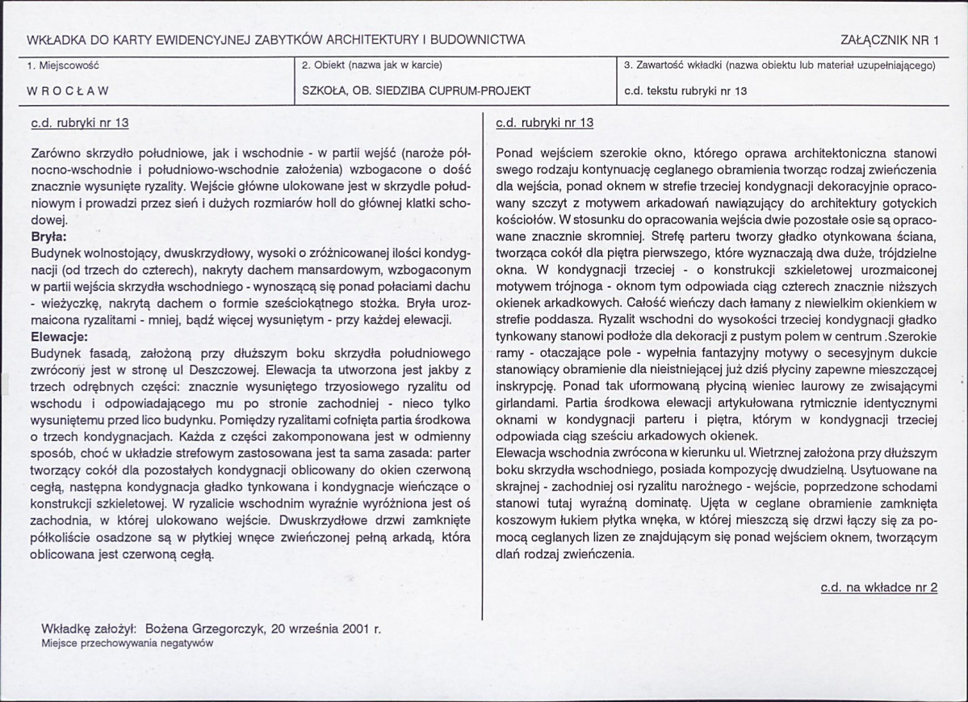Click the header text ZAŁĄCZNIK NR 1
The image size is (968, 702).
pyautogui.click(x=890, y=40)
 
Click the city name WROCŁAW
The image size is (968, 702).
pyautogui.click(x=69, y=91)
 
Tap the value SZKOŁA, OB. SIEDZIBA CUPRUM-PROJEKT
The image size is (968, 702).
pyautogui.click(x=416, y=91)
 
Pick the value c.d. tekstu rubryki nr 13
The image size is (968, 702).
pyautogui.click(x=685, y=91)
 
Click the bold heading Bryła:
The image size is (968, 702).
pyautogui.click(x=48, y=237)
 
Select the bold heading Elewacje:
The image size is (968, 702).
pyautogui.click(x=57, y=336)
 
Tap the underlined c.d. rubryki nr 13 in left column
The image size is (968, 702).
pyautogui.click(x=79, y=124)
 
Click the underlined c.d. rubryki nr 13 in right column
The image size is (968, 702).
pyautogui.click(x=544, y=124)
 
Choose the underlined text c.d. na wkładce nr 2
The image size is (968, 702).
pyautogui.click(x=878, y=587)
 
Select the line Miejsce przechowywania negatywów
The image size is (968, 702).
pyautogui.click(x=127, y=644)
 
